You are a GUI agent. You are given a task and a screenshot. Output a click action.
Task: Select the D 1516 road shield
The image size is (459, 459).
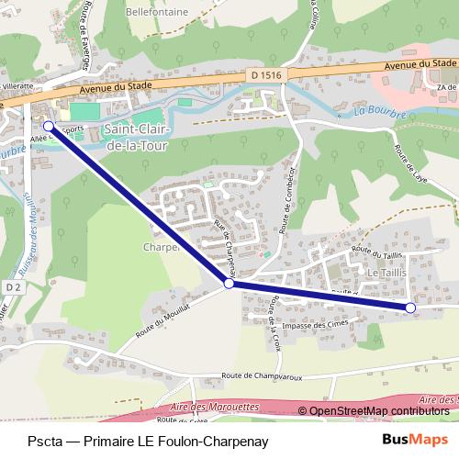pos(263,75)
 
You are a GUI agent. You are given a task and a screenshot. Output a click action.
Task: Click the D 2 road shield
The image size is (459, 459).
pos(11,287)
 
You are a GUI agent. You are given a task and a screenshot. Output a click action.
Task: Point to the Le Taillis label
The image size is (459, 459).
pos(386,274)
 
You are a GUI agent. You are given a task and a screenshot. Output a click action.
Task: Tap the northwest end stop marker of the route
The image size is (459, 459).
pos(49,126)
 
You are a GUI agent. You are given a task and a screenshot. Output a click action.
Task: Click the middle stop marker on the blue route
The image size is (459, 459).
pos(229,285)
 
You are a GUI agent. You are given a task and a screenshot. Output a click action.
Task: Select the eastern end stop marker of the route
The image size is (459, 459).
pos(410,307)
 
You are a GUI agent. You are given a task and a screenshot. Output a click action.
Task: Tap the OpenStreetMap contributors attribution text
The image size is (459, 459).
pos(379,411)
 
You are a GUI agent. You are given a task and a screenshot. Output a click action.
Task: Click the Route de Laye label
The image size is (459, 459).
pos(409,160)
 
